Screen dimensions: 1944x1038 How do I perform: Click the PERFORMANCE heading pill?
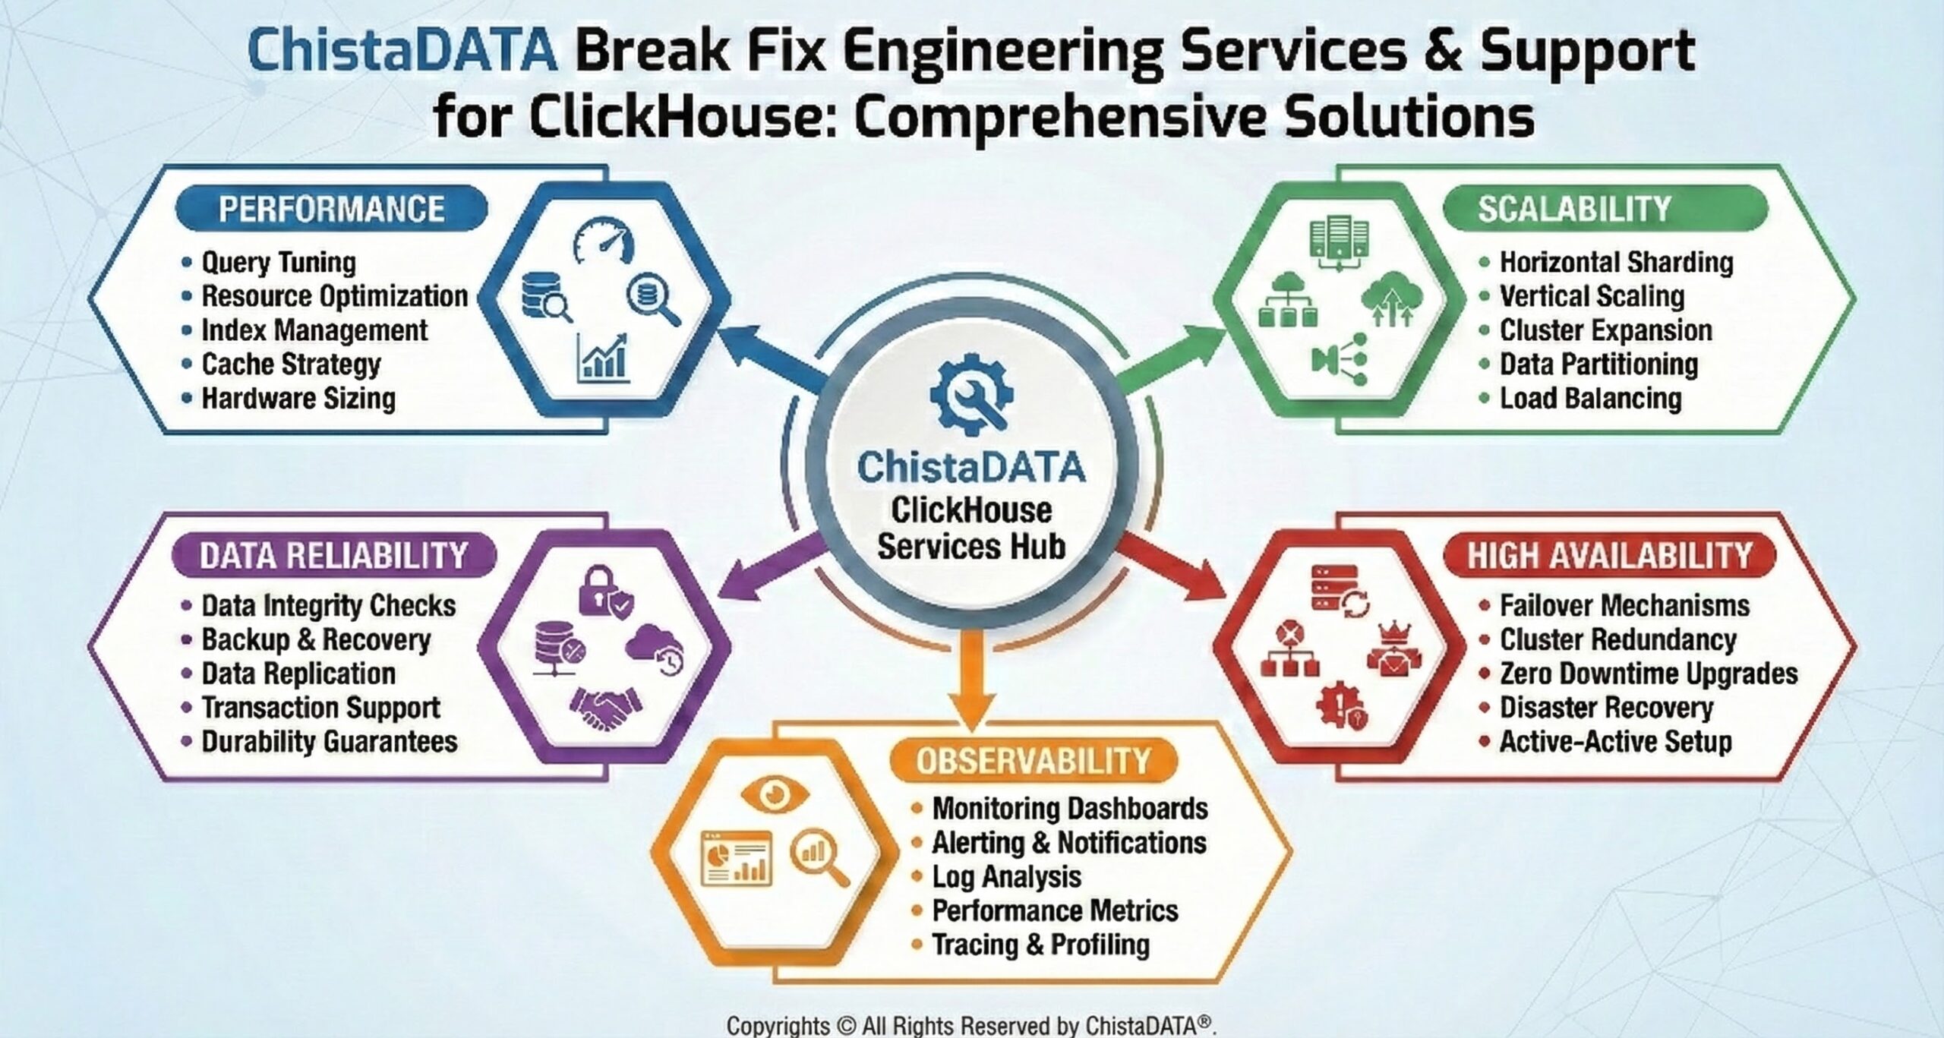(x=331, y=208)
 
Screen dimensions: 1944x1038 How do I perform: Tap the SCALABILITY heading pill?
(x=1605, y=208)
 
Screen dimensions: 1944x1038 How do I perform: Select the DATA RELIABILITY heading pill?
(x=334, y=555)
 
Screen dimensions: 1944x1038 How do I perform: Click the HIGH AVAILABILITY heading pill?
(x=1610, y=555)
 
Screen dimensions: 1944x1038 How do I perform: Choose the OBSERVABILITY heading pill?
(x=1034, y=761)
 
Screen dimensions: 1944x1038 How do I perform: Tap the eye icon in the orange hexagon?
(x=774, y=795)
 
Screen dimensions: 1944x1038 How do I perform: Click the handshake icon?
(x=605, y=711)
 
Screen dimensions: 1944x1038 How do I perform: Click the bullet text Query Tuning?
(x=279, y=263)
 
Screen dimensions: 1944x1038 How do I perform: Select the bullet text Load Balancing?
(x=1591, y=399)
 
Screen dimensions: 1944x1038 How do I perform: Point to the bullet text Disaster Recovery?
(x=1607, y=708)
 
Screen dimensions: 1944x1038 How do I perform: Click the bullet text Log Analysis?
(x=1007, y=877)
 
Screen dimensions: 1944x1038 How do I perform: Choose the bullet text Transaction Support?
(x=320, y=708)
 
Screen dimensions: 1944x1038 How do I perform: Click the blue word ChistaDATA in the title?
(x=402, y=50)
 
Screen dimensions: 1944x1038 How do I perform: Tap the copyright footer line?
(x=971, y=1024)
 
